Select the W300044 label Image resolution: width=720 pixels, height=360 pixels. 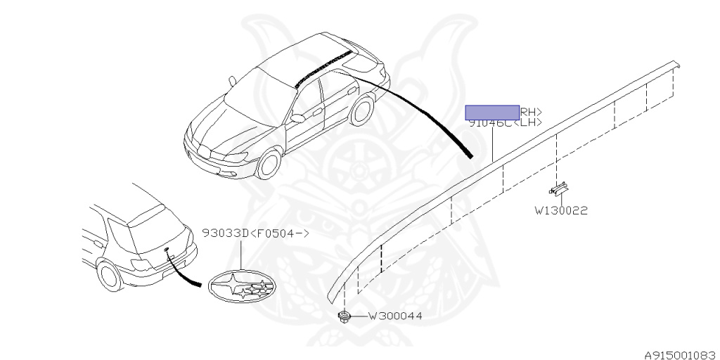tap(395, 316)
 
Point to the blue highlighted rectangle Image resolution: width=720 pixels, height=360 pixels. tap(492, 111)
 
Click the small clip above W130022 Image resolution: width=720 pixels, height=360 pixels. tap(560, 188)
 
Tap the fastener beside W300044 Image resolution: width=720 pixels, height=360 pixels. tap(345, 316)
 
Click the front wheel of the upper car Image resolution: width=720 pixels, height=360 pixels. tap(269, 164)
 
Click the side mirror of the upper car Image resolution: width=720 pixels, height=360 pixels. tap(297, 118)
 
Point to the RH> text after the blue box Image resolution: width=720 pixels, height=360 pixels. tap(531, 111)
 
